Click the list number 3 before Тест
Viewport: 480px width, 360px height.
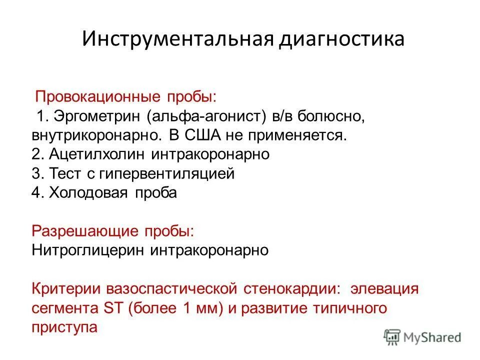(36, 174)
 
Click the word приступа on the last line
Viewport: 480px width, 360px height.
(64, 327)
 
